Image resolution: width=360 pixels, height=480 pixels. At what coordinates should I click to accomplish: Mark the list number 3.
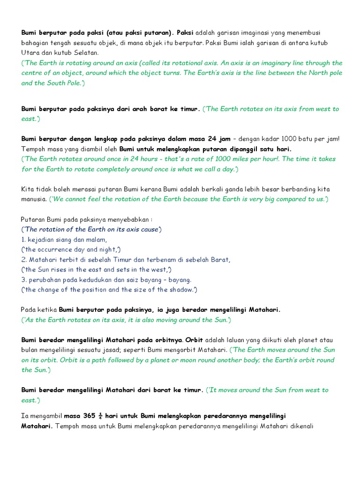pyautogui.click(x=23, y=280)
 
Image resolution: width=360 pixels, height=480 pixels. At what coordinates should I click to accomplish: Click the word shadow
pyautogui.click(x=180, y=290)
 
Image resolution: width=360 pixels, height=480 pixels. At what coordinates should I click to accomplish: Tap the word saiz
pyautogui.click(x=142, y=280)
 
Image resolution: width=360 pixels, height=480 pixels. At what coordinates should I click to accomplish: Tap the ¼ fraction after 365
pyautogui.click(x=100, y=416)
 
